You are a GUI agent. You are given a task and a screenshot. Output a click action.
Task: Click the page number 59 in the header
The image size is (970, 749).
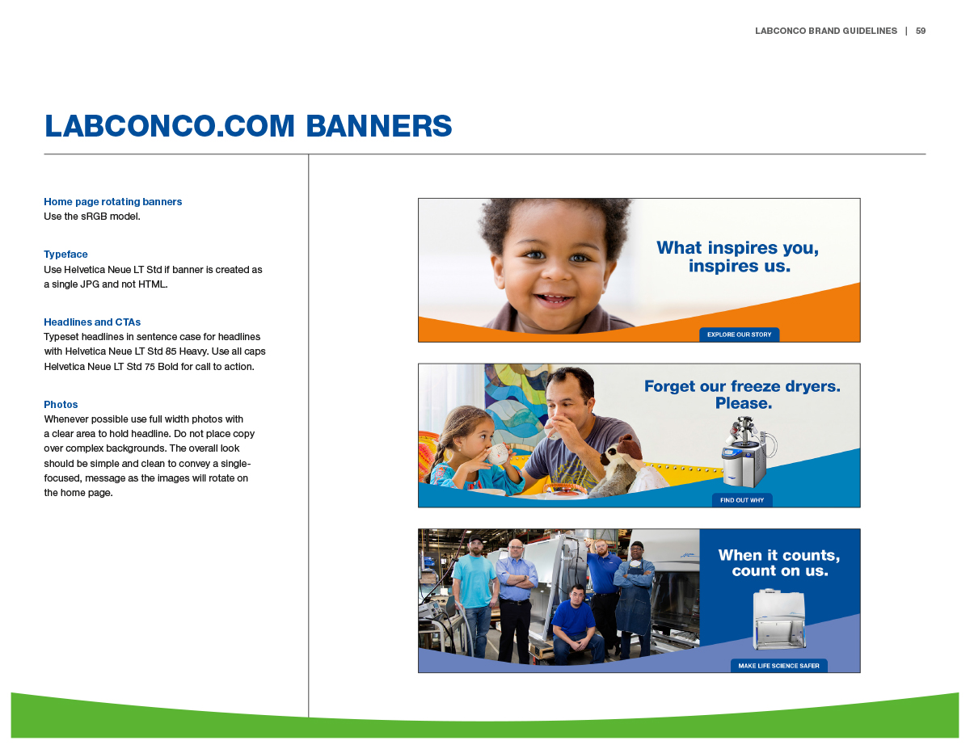(x=920, y=31)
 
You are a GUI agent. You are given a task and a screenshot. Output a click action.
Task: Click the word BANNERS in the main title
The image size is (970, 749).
(x=379, y=126)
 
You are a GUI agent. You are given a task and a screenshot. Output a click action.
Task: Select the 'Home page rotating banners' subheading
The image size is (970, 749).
(x=113, y=202)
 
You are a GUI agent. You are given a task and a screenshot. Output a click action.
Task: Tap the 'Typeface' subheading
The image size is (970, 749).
(x=65, y=255)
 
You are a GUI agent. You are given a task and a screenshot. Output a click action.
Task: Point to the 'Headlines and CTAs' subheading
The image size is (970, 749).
(x=92, y=322)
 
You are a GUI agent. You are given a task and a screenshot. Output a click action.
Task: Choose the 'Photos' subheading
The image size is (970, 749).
(x=61, y=405)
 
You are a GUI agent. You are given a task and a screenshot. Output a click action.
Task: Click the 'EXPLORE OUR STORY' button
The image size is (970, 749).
(x=739, y=335)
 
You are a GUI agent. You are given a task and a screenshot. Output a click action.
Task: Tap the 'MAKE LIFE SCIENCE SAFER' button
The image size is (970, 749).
(x=779, y=666)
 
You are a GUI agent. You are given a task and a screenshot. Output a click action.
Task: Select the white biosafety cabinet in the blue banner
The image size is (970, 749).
(x=779, y=619)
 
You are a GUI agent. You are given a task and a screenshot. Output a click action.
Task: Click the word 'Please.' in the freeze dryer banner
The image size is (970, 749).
(x=744, y=403)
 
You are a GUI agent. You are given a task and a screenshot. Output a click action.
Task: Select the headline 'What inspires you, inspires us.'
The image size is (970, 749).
(x=738, y=256)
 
